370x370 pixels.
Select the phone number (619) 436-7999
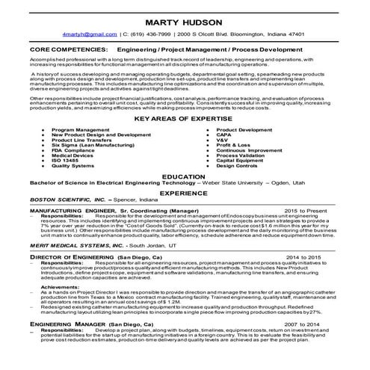tap(153, 34)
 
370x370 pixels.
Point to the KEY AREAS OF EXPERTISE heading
tap(185, 119)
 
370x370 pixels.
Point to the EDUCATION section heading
tap(184, 176)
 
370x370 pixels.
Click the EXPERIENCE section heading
tap(184, 193)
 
